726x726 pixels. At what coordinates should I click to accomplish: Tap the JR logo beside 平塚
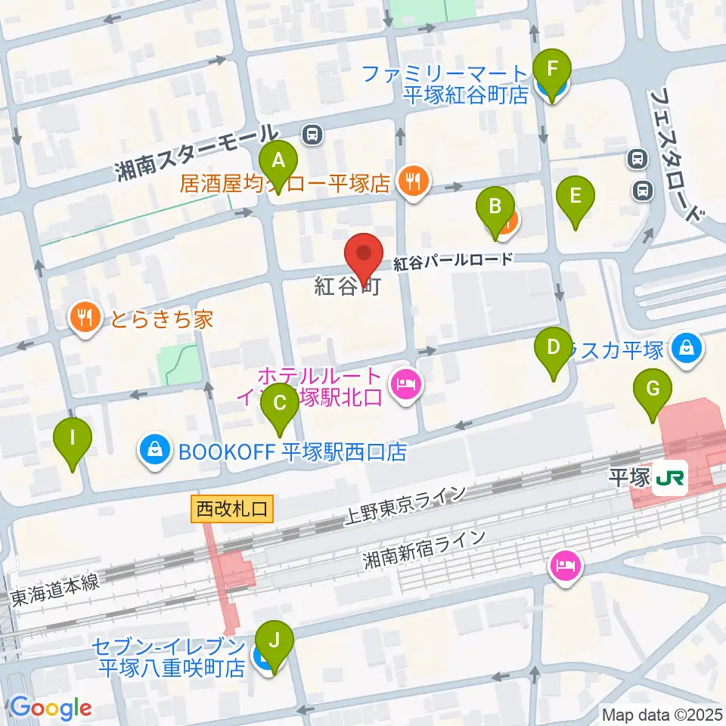(x=669, y=479)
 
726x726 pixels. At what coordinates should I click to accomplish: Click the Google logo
(x=51, y=708)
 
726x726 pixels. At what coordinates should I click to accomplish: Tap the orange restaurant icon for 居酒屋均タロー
(x=412, y=182)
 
